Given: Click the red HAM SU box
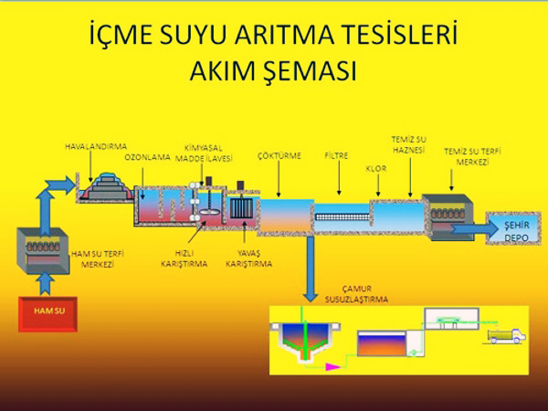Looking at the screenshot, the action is point(47,314).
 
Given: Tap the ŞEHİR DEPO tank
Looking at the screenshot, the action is point(513,228).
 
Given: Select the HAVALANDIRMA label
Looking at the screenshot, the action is point(96,146).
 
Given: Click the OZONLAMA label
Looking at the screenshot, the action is point(147,157).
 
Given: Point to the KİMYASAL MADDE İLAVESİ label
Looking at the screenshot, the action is point(204,153).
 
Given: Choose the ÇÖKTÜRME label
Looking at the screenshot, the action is point(279,155).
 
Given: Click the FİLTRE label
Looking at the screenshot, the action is point(336,155).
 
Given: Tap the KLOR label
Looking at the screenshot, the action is point(376,168).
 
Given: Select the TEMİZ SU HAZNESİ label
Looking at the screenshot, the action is point(408,144).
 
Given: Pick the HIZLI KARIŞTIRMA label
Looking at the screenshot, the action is point(184,258).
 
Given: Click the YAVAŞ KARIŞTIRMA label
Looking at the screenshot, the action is point(248,258).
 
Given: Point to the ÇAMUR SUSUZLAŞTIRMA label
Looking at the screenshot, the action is point(356,294).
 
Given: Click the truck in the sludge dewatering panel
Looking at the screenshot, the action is point(507,336).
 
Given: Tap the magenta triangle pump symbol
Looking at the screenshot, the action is point(332,366).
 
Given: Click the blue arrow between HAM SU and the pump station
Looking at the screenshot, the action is point(45,284).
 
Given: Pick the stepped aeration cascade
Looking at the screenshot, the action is point(106,186).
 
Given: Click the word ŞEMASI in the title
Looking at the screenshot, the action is point(273,71).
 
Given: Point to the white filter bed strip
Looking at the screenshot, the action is point(342,217).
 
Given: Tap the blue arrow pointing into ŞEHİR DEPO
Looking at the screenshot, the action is point(475,229).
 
